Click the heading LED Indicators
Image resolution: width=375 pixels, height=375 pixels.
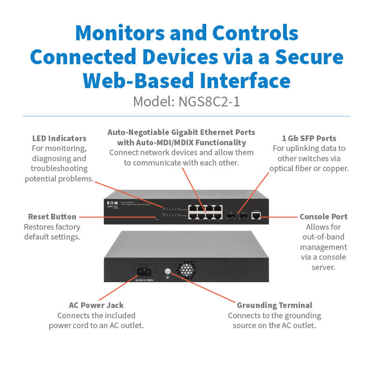point(59,138)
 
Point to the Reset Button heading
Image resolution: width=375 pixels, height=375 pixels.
point(52,217)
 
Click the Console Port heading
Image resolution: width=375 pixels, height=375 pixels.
point(323,217)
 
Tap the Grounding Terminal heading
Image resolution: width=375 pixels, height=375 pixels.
point(274,305)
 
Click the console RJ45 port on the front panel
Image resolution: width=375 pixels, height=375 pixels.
point(257,216)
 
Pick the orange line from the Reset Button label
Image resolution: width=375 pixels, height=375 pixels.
point(117,217)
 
